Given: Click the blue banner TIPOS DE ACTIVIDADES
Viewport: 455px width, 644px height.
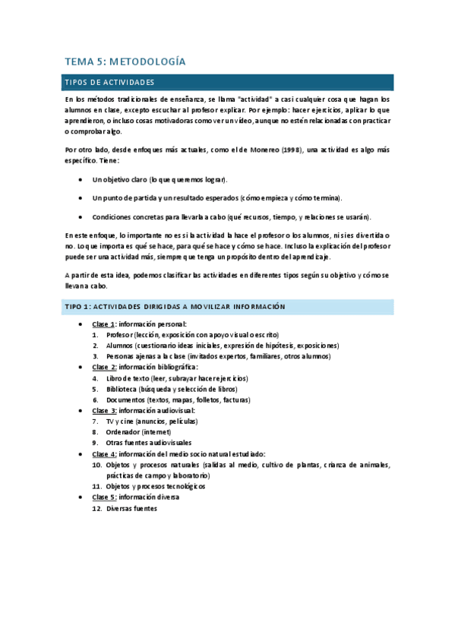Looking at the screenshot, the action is coord(110,82).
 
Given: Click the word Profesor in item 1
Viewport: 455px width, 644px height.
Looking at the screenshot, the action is coord(120,335).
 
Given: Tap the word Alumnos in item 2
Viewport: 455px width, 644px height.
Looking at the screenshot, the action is coord(120,346).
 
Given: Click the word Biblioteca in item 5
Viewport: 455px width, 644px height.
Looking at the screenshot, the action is coord(123,389).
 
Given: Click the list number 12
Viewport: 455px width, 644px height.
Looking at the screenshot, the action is coord(96,508).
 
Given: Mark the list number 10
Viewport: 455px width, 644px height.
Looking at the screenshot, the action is coord(96,465).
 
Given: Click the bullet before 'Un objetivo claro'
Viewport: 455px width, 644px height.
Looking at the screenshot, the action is coord(82,179).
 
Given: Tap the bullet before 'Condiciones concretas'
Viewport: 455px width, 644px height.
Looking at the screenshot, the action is coord(82,216).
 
